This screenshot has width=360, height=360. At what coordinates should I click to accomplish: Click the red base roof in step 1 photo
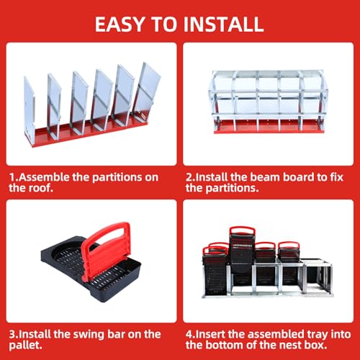[94, 134]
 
